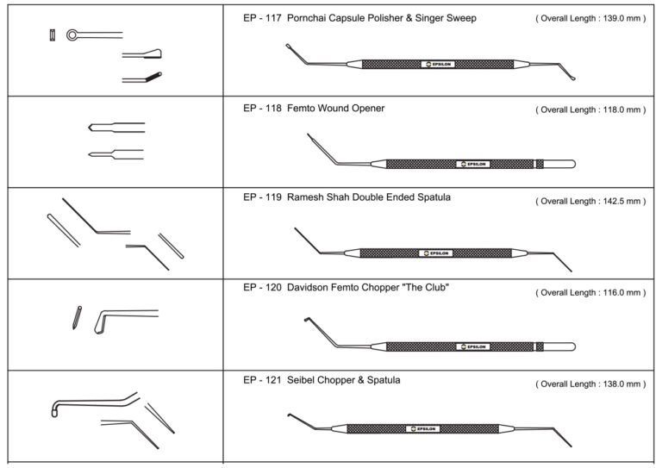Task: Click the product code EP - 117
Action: [x=262, y=18]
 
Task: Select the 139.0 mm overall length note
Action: [x=590, y=19]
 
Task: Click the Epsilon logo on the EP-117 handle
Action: [x=438, y=64]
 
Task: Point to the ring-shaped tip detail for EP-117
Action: [x=72, y=35]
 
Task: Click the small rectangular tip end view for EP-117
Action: [x=53, y=35]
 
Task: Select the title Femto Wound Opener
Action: [x=335, y=109]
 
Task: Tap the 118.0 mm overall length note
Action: [x=590, y=109]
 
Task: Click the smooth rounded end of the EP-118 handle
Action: [x=559, y=164]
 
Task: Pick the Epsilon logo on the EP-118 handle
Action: [x=473, y=164]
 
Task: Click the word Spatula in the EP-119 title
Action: [x=434, y=197]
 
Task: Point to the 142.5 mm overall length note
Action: [x=590, y=202]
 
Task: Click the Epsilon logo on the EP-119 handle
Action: [x=436, y=253]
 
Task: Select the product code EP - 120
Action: [x=262, y=288]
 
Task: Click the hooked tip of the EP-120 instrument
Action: [x=307, y=320]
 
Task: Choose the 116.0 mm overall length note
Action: [x=590, y=293]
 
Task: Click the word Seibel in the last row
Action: [x=301, y=380]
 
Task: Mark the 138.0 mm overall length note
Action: [x=590, y=384]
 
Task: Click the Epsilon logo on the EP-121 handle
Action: [x=423, y=428]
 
